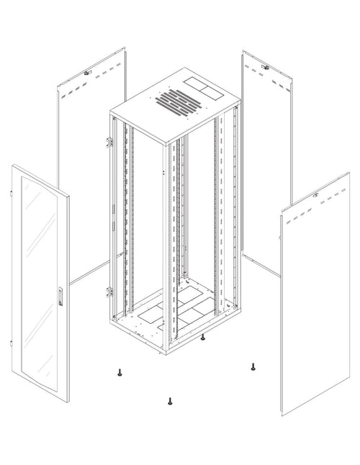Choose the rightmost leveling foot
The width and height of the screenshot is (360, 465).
click(x=253, y=367)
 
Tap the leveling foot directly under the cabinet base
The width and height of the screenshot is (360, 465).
click(x=203, y=337)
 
